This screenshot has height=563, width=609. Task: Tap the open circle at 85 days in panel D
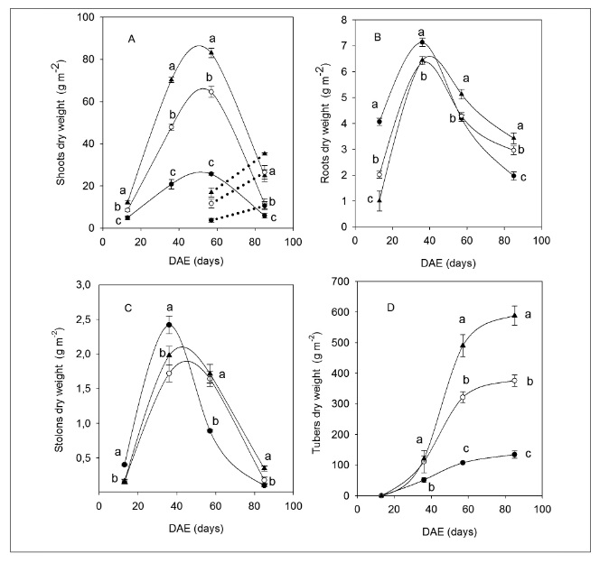coord(514,381)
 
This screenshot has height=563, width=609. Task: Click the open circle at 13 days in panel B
coord(379,174)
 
